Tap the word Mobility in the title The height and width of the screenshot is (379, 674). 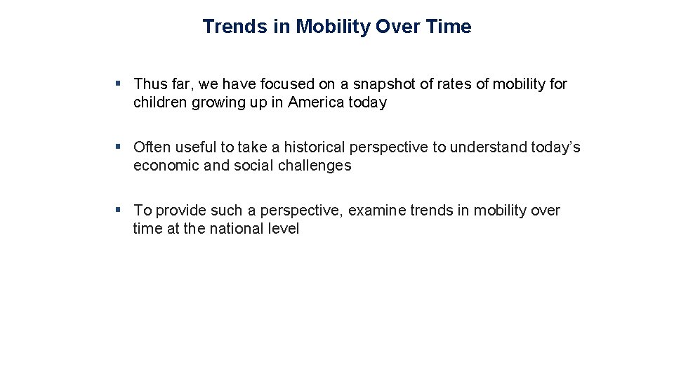pyautogui.click(x=333, y=27)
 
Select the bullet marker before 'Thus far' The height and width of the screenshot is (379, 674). pyautogui.click(x=119, y=84)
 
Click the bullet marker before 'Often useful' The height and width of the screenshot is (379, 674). pyautogui.click(x=119, y=147)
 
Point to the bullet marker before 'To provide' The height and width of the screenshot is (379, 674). pyautogui.click(x=119, y=210)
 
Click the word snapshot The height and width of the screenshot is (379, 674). pyautogui.click(x=384, y=84)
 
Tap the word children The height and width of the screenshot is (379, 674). pyautogui.click(x=158, y=102)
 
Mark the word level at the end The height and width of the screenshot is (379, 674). pyautogui.click(x=285, y=229)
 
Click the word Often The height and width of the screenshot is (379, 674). pyautogui.click(x=152, y=147)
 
